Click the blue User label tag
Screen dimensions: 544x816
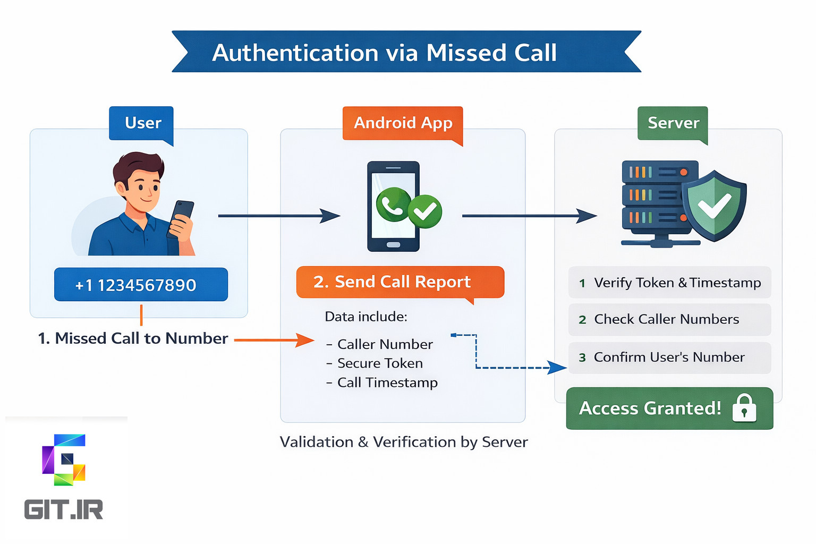click(x=141, y=123)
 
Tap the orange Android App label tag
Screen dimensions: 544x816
click(x=403, y=123)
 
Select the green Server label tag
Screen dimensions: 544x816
click(x=673, y=123)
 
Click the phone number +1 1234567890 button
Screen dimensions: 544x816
click(x=141, y=285)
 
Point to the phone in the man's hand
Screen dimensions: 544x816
click(x=182, y=215)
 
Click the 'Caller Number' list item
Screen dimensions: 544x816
click(x=385, y=344)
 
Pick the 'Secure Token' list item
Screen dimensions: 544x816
click(x=380, y=363)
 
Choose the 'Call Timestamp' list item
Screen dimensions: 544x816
click(x=387, y=382)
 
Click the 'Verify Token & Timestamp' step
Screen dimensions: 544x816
click(x=669, y=283)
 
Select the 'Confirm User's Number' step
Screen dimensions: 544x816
click(x=669, y=358)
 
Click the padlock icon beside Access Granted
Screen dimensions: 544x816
click(x=744, y=409)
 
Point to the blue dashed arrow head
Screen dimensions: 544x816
click(x=558, y=367)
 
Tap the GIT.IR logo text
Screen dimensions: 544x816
click(x=64, y=510)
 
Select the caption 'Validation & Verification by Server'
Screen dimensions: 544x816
click(x=404, y=442)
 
